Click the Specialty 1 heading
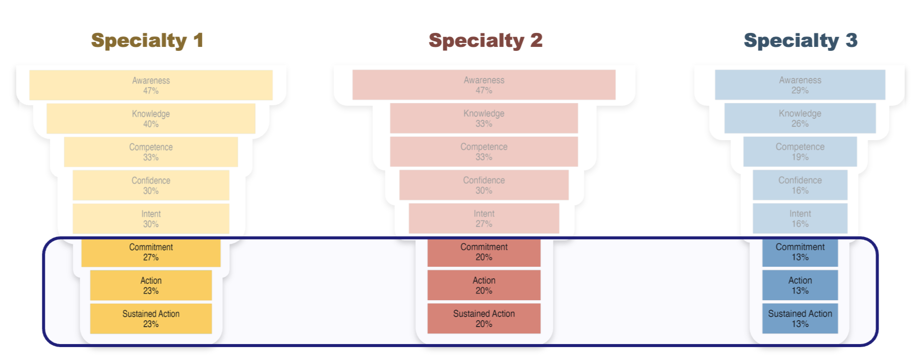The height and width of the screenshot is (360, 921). coord(147,40)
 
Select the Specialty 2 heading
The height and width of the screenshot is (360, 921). coord(485,40)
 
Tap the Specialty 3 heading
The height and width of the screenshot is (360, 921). coord(800,40)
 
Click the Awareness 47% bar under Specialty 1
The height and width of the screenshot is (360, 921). coord(151,85)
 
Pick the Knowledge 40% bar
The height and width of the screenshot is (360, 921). coord(151,119)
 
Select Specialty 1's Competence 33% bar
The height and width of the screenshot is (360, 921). coord(151,152)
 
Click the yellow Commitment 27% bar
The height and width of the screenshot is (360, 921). coord(151,252)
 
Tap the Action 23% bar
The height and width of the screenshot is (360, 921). coord(151,285)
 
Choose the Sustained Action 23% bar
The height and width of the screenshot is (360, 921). coord(151,319)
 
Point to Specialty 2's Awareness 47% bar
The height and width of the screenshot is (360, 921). coord(484,85)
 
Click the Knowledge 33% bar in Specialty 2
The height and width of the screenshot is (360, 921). coord(484,118)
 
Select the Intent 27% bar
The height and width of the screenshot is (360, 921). coord(484,218)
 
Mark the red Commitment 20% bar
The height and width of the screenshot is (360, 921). coord(484,252)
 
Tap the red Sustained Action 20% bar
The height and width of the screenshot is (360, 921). coord(484,319)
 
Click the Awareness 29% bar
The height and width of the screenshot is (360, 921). coord(800,85)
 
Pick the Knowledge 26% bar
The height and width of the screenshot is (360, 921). coord(800,118)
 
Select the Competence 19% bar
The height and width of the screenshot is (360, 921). coord(800,152)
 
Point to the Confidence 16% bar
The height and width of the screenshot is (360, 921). coord(800,185)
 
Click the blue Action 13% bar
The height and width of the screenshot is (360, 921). coord(800,285)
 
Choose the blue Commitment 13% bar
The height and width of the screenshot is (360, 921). coord(800,252)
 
